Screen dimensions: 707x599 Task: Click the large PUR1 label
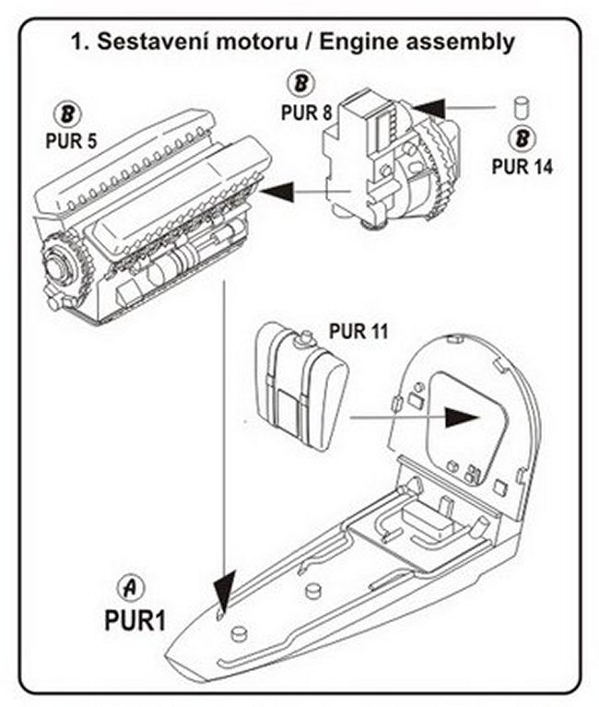pyautogui.click(x=135, y=619)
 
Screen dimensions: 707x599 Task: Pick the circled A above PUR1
pyautogui.click(x=133, y=587)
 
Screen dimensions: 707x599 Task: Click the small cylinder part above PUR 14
pyautogui.click(x=520, y=105)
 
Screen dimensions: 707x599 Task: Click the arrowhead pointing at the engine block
pyautogui.click(x=276, y=192)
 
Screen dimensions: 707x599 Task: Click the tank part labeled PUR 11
pyautogui.click(x=299, y=378)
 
